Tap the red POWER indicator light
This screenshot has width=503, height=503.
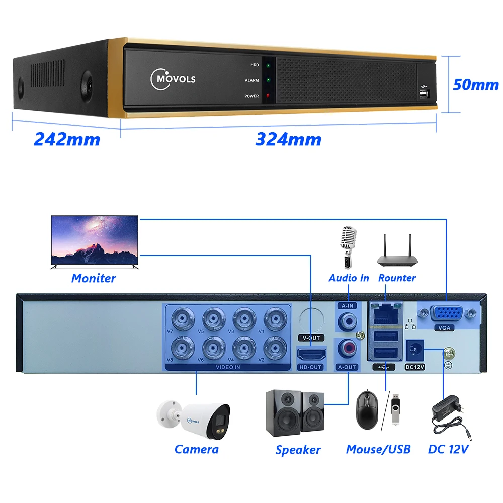click(268, 96)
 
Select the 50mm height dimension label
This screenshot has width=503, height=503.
click(475, 84)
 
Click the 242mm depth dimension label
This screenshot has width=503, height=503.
click(67, 139)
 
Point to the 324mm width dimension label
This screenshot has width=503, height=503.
click(288, 139)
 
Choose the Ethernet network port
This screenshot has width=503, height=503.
click(385, 313)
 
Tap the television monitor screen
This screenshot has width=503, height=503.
click(95, 240)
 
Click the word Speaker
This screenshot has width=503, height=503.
click(298, 450)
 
